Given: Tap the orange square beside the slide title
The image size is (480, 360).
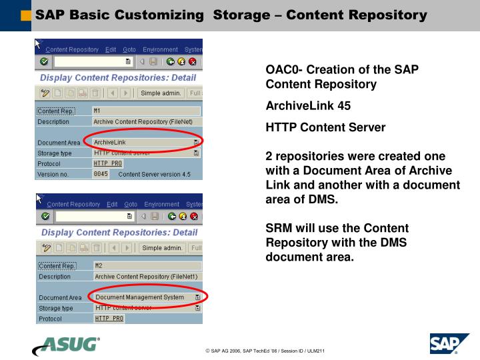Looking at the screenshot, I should pos(26,15).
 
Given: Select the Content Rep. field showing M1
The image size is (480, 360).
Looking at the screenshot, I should pos(145,111).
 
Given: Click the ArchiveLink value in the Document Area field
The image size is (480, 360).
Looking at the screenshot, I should pos(110,142).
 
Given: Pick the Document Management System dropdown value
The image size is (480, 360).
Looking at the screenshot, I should pos(139,297).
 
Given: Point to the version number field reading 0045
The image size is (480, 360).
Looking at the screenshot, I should pos(100,174).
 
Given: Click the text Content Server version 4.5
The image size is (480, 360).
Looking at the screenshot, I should pos(154,174).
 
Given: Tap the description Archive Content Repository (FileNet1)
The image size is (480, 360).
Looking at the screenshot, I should pos(146,276).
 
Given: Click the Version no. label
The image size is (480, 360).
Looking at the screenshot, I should pos(53,174).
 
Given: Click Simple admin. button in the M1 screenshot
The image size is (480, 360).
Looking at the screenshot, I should pos(161,93).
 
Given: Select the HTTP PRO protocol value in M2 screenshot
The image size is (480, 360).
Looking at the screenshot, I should pos(109,319).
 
